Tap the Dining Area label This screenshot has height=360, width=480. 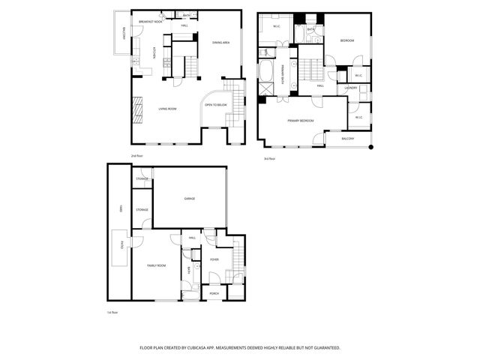220,43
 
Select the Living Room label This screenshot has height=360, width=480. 167,109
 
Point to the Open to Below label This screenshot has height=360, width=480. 216,105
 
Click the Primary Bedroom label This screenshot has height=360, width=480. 300,120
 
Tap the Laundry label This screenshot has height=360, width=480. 350,88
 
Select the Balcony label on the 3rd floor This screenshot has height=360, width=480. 347,139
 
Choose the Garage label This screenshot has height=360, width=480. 190,199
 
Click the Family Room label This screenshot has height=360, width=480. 156,265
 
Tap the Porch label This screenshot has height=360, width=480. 214,293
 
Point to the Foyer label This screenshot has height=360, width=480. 214,259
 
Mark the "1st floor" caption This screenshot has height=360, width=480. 113,311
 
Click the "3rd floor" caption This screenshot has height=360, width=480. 268,158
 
